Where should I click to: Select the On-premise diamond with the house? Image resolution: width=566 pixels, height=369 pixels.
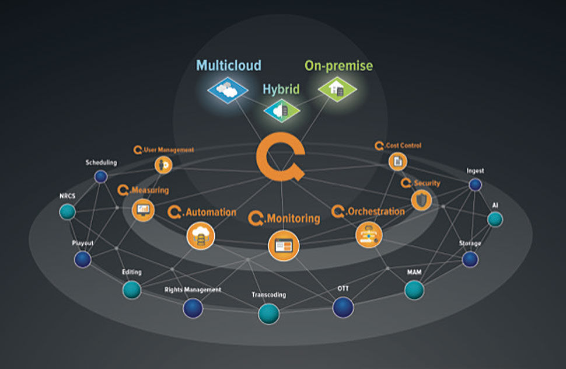(337, 89)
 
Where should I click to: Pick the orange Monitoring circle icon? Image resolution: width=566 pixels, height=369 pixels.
(283, 245)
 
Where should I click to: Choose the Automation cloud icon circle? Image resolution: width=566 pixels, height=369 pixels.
(200, 236)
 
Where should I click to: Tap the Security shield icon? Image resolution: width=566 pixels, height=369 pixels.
(421, 200)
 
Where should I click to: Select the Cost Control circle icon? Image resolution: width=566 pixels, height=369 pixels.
(398, 161)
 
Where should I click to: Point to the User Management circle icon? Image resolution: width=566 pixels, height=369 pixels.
(163, 165)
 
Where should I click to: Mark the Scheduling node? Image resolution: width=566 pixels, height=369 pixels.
(102, 176)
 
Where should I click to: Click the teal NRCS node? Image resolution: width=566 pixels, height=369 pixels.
(68, 211)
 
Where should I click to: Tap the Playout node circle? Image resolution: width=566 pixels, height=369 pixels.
(83, 259)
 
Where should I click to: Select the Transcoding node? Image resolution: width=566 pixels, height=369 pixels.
(268, 314)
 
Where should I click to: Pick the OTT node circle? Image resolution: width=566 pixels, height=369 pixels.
(343, 307)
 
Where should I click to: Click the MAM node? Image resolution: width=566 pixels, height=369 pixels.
(414, 289)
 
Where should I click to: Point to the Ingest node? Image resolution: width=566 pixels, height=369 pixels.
(476, 185)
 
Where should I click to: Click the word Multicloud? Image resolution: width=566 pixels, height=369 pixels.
(229, 65)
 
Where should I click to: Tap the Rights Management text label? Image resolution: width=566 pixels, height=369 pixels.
(193, 290)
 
